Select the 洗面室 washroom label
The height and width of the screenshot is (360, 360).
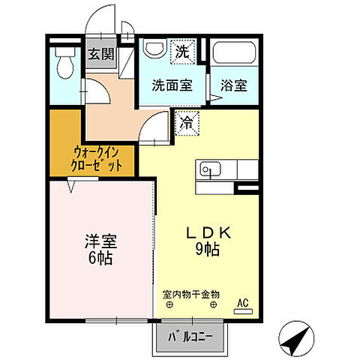172,85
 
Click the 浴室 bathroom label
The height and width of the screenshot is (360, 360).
232,85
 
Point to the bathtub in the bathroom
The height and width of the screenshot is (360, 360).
234,54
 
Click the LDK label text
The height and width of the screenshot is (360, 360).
209,233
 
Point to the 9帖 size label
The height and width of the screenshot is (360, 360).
209,250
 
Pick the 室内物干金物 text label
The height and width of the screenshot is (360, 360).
191,294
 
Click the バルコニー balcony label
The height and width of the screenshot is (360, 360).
184,337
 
